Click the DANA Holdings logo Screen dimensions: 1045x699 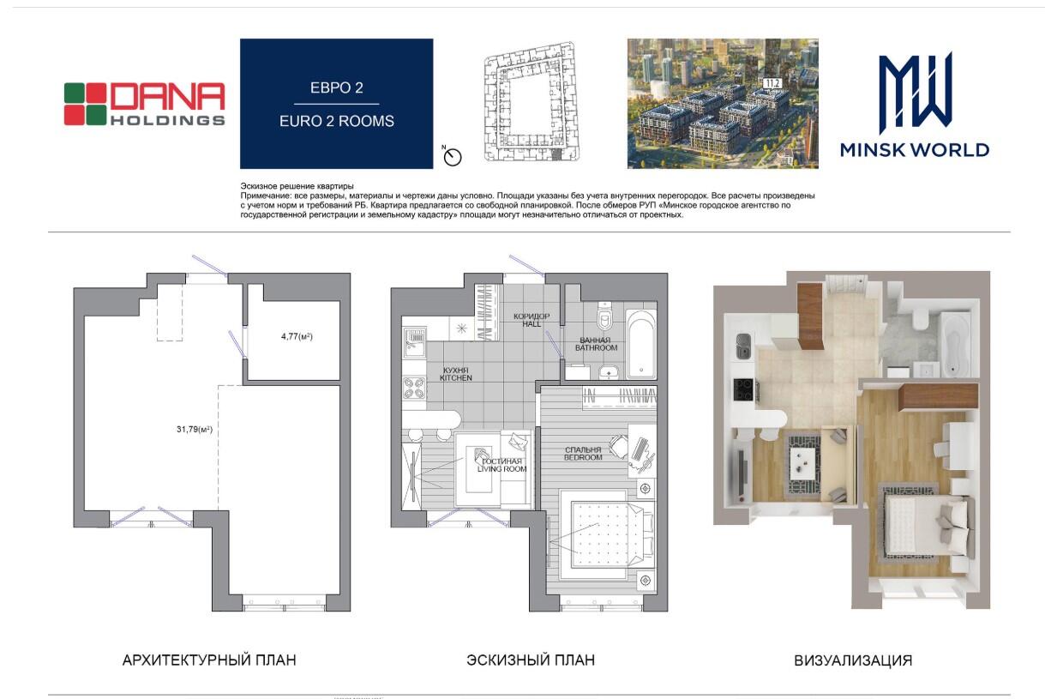pyautogui.click(x=144, y=104)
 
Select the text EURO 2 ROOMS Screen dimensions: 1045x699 pyautogui.click(x=336, y=121)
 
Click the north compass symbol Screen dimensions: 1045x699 pyautogui.click(x=452, y=156)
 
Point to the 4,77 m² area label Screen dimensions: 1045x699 pyautogui.click(x=297, y=336)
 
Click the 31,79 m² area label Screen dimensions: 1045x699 pyautogui.click(x=195, y=430)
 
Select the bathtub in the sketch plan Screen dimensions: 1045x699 pyautogui.click(x=641, y=344)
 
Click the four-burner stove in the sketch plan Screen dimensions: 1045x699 pyautogui.click(x=414, y=389)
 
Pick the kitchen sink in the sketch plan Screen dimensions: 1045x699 pyautogui.click(x=414, y=343)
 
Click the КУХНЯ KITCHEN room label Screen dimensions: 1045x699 pyautogui.click(x=456, y=374)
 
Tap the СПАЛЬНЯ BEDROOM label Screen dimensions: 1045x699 pyautogui.click(x=583, y=454)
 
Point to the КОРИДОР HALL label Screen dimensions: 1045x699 pyautogui.click(x=532, y=320)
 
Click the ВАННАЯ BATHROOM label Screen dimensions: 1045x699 pyautogui.click(x=596, y=345)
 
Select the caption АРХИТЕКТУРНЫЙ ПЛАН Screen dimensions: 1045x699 pyautogui.click(x=209, y=660)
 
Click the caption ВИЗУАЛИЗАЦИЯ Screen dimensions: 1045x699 pyautogui.click(x=853, y=660)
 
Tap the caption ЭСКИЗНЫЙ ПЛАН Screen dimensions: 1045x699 pyautogui.click(x=531, y=660)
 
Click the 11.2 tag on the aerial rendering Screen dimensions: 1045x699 pyautogui.click(x=772, y=83)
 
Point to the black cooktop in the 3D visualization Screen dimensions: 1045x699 pyautogui.click(x=743, y=389)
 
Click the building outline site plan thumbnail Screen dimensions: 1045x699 pyautogui.click(x=531, y=102)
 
